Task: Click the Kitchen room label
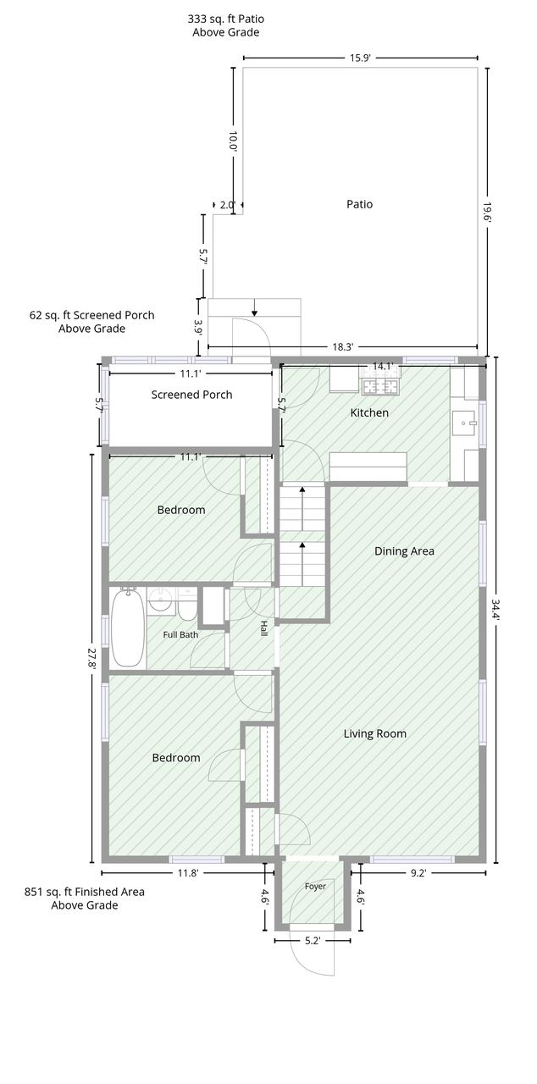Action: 369,412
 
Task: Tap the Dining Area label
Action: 404,551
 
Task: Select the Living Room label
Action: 375,733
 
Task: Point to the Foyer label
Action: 315,887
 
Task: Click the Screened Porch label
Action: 191,395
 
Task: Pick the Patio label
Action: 359,204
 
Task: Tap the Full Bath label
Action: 180,635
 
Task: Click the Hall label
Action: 263,628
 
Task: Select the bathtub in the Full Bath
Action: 128,628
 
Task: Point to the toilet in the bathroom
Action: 186,605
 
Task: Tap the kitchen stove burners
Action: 381,386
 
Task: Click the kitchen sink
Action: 464,423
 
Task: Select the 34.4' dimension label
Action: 496,611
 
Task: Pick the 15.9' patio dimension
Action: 360,58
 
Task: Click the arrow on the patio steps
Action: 254,307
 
